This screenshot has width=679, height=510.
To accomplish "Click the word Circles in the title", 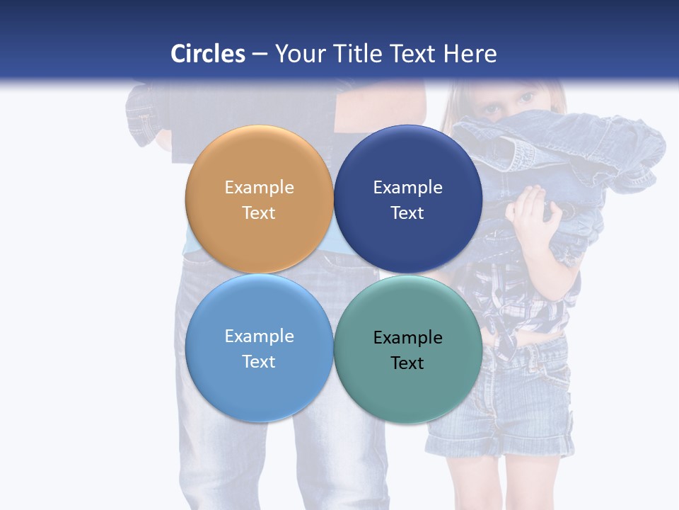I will point(208,54).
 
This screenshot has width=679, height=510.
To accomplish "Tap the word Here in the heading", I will point(470,54).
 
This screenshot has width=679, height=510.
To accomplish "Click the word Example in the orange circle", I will point(259,188).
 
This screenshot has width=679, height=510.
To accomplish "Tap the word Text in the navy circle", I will point(407,213).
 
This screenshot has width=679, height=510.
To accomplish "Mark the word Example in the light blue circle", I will point(259,336).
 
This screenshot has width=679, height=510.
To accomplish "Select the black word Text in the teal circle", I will point(407,363).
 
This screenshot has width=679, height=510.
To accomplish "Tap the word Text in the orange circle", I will point(259,213).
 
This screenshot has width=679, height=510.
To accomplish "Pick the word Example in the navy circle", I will point(407,188).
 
